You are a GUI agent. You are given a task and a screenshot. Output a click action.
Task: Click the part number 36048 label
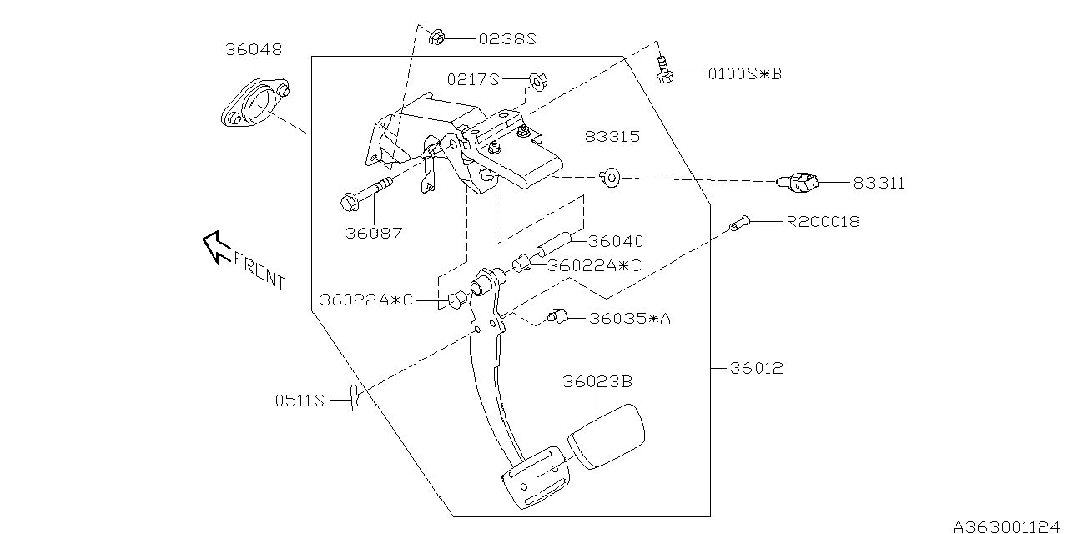[x=253, y=49]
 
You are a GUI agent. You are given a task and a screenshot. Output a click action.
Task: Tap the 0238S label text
[x=506, y=38]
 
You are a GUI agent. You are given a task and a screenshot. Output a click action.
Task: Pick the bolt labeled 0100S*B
[x=665, y=70]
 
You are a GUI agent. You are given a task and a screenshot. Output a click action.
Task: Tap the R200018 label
[x=822, y=222]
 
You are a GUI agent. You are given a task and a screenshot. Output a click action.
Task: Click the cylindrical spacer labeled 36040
[x=553, y=246]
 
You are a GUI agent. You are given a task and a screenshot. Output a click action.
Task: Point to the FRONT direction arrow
[x=215, y=245]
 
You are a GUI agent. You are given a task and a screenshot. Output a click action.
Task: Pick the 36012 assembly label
[x=757, y=367]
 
